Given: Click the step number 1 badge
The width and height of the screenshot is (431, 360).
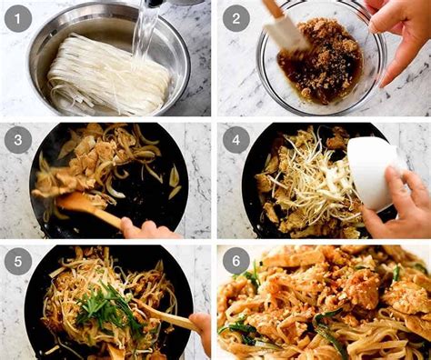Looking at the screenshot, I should pyautogui.click(x=18, y=17).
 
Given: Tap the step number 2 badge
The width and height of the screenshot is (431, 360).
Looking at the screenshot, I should pyautogui.click(x=236, y=17).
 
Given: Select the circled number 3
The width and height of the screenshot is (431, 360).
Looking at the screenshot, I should pyautogui.click(x=18, y=139).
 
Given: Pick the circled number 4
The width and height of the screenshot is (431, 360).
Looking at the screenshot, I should pyautogui.click(x=236, y=139).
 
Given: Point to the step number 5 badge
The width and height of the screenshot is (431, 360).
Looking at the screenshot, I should pyautogui.click(x=18, y=261).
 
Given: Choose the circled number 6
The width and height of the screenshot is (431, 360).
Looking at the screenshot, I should pyautogui.click(x=236, y=261).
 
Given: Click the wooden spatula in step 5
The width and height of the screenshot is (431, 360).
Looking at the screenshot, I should pyautogui.click(x=168, y=318).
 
